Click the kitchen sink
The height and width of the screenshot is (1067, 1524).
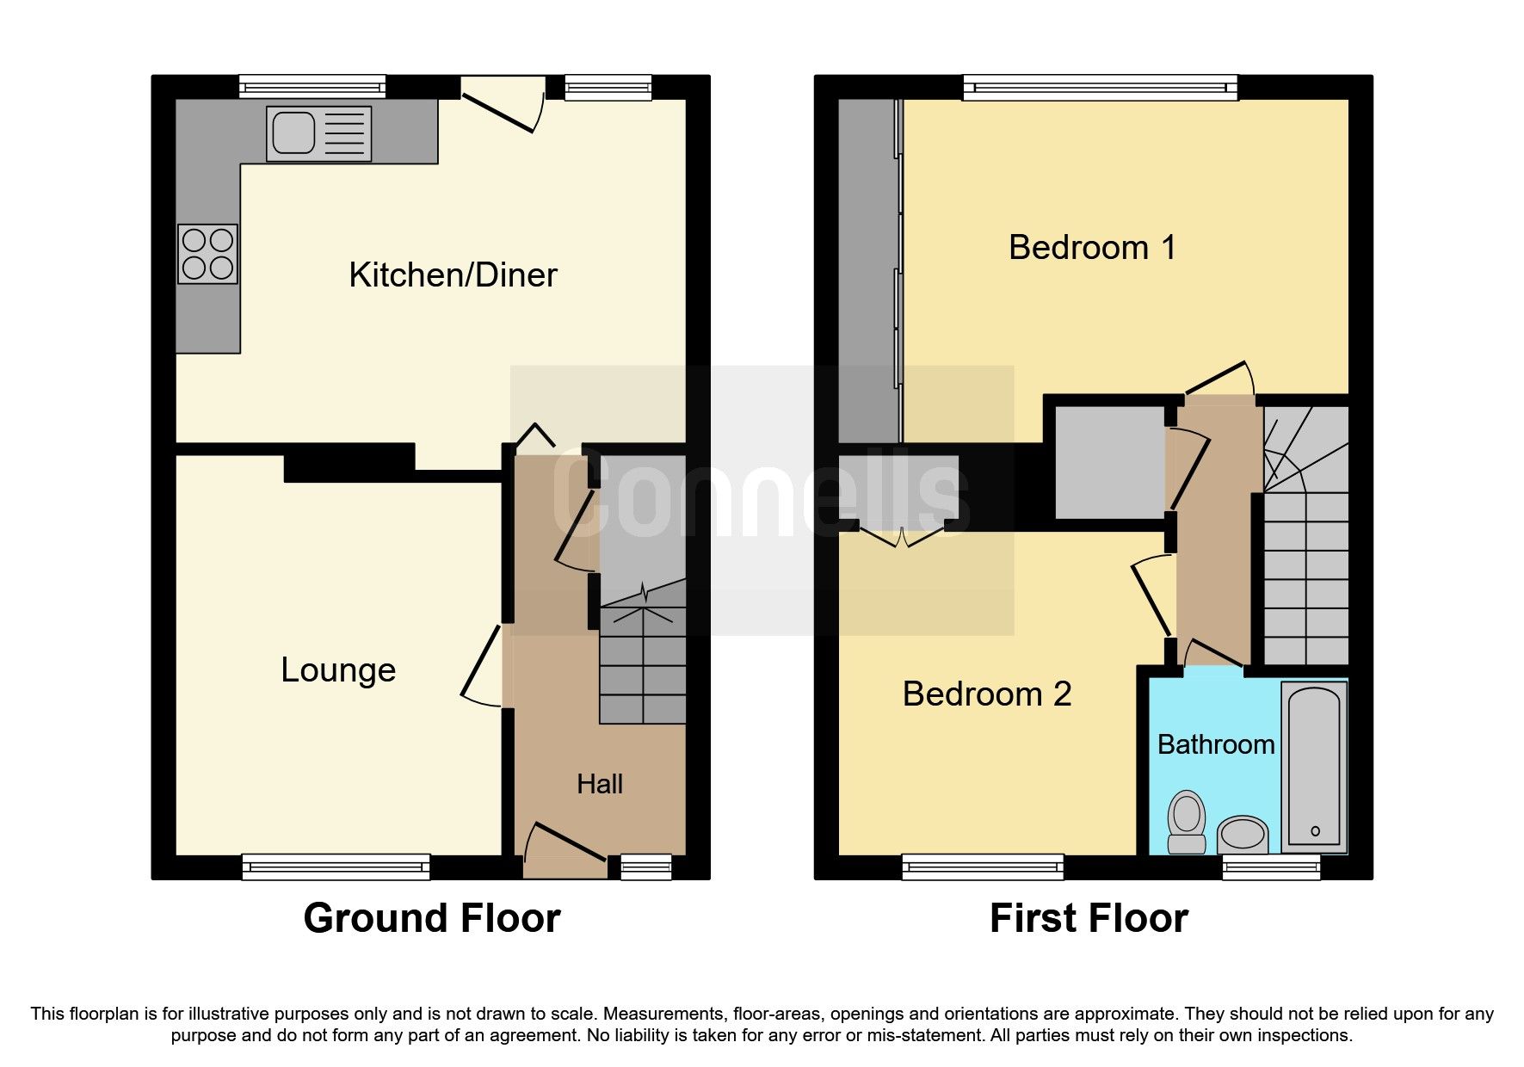(x=318, y=133)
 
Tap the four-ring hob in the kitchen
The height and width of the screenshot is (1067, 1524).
(x=207, y=255)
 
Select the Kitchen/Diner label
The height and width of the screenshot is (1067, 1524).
(x=453, y=275)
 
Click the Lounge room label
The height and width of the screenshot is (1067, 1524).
(x=338, y=670)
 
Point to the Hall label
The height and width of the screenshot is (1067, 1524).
(x=600, y=784)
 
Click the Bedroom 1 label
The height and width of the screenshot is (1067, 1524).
(x=1091, y=248)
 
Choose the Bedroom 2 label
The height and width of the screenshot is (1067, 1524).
(x=986, y=694)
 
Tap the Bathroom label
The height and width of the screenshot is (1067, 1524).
(x=1215, y=744)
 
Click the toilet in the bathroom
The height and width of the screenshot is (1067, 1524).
(x=1187, y=822)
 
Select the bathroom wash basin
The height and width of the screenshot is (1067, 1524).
(x=1243, y=834)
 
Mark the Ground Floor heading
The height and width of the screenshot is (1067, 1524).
(x=431, y=918)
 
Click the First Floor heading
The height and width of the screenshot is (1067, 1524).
(x=1089, y=918)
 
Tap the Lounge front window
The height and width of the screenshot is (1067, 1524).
(x=336, y=866)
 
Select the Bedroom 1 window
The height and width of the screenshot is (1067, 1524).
(x=1100, y=86)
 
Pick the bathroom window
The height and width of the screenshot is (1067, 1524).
(x=1271, y=866)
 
